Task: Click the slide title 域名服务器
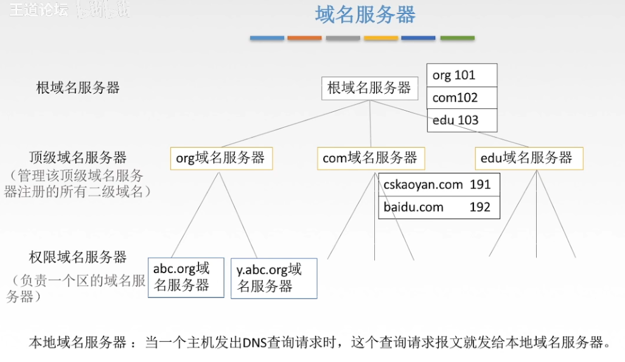click(365, 15)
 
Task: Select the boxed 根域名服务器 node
click(369, 88)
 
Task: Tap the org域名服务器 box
click(221, 158)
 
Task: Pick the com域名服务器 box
click(370, 158)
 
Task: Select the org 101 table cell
click(462, 75)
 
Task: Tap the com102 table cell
click(462, 98)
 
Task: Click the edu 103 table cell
click(462, 120)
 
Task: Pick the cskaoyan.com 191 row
click(438, 185)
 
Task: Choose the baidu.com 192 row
click(438, 207)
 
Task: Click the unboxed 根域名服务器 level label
click(78, 88)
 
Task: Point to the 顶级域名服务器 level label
click(78, 158)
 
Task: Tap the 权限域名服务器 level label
click(78, 257)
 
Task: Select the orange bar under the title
click(304, 38)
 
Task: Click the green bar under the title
click(457, 38)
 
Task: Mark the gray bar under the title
click(343, 38)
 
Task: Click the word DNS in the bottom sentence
click(251, 342)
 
